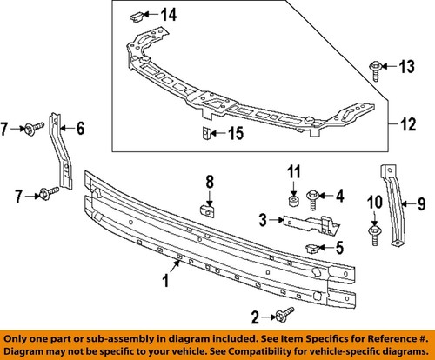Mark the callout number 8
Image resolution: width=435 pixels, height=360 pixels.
[209, 181]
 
